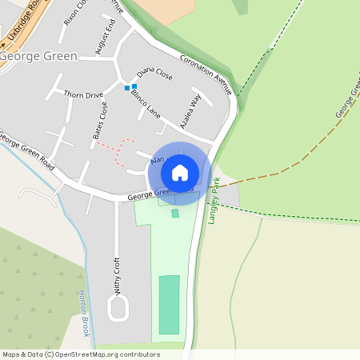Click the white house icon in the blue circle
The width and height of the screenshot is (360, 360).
click(180, 172)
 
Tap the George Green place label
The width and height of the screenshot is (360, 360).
click(38, 57)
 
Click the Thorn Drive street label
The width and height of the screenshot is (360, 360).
click(84, 95)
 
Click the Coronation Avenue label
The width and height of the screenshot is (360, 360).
click(206, 74)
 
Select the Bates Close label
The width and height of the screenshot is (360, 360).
click(101, 120)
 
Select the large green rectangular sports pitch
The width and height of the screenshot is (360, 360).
click(169, 305)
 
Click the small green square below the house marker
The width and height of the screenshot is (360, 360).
click(175, 213)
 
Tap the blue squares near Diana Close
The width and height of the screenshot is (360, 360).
click(130, 86)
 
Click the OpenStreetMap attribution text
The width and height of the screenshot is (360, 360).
click(81, 354)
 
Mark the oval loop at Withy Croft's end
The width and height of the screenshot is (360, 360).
click(118, 309)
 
